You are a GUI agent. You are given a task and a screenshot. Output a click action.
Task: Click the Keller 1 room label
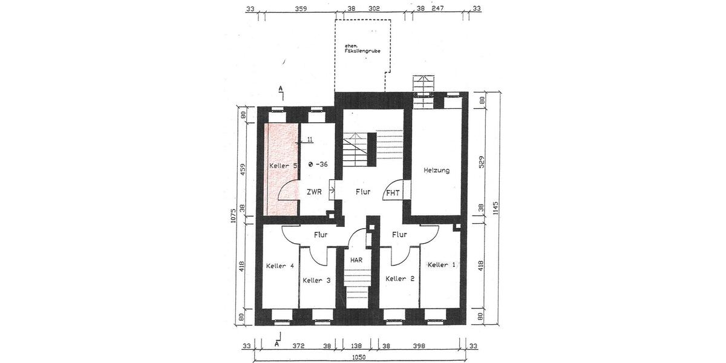tap(441, 265)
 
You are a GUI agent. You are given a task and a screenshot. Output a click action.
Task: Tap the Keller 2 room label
tap(400, 279)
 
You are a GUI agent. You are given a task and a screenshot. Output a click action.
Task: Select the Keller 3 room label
tap(316, 280)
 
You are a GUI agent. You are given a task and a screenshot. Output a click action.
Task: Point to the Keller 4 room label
tap(280, 266)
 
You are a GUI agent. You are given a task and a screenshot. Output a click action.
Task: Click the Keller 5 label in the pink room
tap(282, 165)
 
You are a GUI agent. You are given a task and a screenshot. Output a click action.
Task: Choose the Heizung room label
tap(436, 171)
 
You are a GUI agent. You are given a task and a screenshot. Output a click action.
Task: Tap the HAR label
tap(356, 260)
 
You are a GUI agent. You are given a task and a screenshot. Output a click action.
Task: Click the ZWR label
tap(314, 192)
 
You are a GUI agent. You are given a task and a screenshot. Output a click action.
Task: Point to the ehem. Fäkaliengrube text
tap(361, 49)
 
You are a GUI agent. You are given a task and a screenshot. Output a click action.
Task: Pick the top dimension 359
tap(301, 9)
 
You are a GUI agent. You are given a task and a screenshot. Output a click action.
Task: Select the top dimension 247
tap(438, 9)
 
